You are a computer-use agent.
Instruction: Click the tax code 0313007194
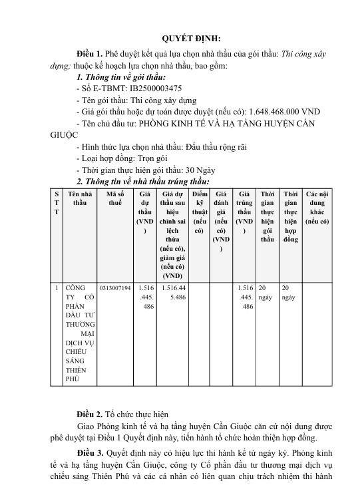point(114,288)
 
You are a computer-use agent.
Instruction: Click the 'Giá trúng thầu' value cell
point(244,297)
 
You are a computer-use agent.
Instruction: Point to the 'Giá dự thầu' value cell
point(145,297)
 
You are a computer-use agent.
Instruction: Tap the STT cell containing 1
point(57,288)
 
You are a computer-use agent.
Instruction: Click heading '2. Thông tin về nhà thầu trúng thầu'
point(143,182)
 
